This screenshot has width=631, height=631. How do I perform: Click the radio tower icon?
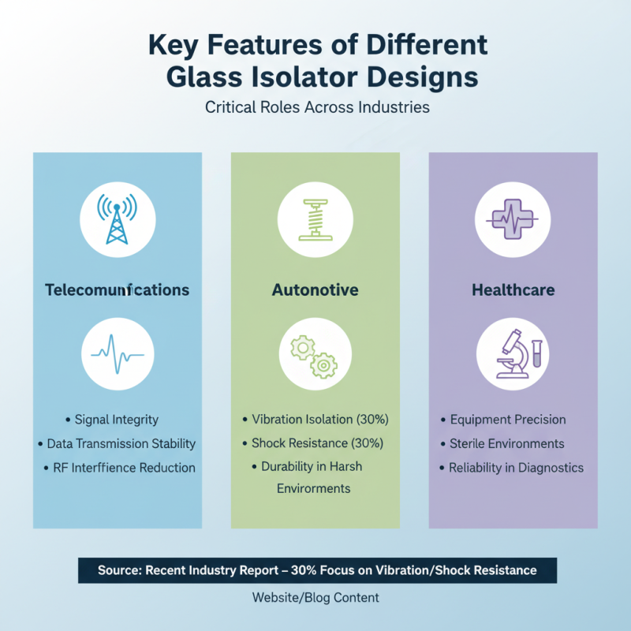coord(117,219)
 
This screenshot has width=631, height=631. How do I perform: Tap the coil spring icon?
coord(315,220)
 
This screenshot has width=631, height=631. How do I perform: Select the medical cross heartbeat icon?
coord(512,219)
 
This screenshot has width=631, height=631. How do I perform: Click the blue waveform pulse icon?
coord(118,354)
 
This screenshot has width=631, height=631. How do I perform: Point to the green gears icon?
coord(314,357)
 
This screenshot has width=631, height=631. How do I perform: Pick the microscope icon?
coord(519,353)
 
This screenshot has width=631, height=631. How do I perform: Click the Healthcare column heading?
coord(513,289)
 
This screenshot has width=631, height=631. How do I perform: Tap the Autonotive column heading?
coord(315,289)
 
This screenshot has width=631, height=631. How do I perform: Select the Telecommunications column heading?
coord(117,289)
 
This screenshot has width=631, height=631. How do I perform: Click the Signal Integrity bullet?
coord(112,420)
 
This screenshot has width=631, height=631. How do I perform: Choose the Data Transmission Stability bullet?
coord(117,443)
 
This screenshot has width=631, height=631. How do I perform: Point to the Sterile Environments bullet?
coord(502,443)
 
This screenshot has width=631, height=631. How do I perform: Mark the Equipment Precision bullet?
coord(503,420)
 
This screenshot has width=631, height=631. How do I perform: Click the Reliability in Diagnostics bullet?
coord(511,468)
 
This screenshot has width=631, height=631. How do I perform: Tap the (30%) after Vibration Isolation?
coord(372,420)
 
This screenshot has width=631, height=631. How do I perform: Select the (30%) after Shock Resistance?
coord(368,443)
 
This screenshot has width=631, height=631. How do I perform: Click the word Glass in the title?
coord(204,77)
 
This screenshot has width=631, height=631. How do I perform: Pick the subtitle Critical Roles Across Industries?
coord(317,107)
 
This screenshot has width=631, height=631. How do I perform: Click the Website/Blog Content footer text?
coord(315,598)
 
